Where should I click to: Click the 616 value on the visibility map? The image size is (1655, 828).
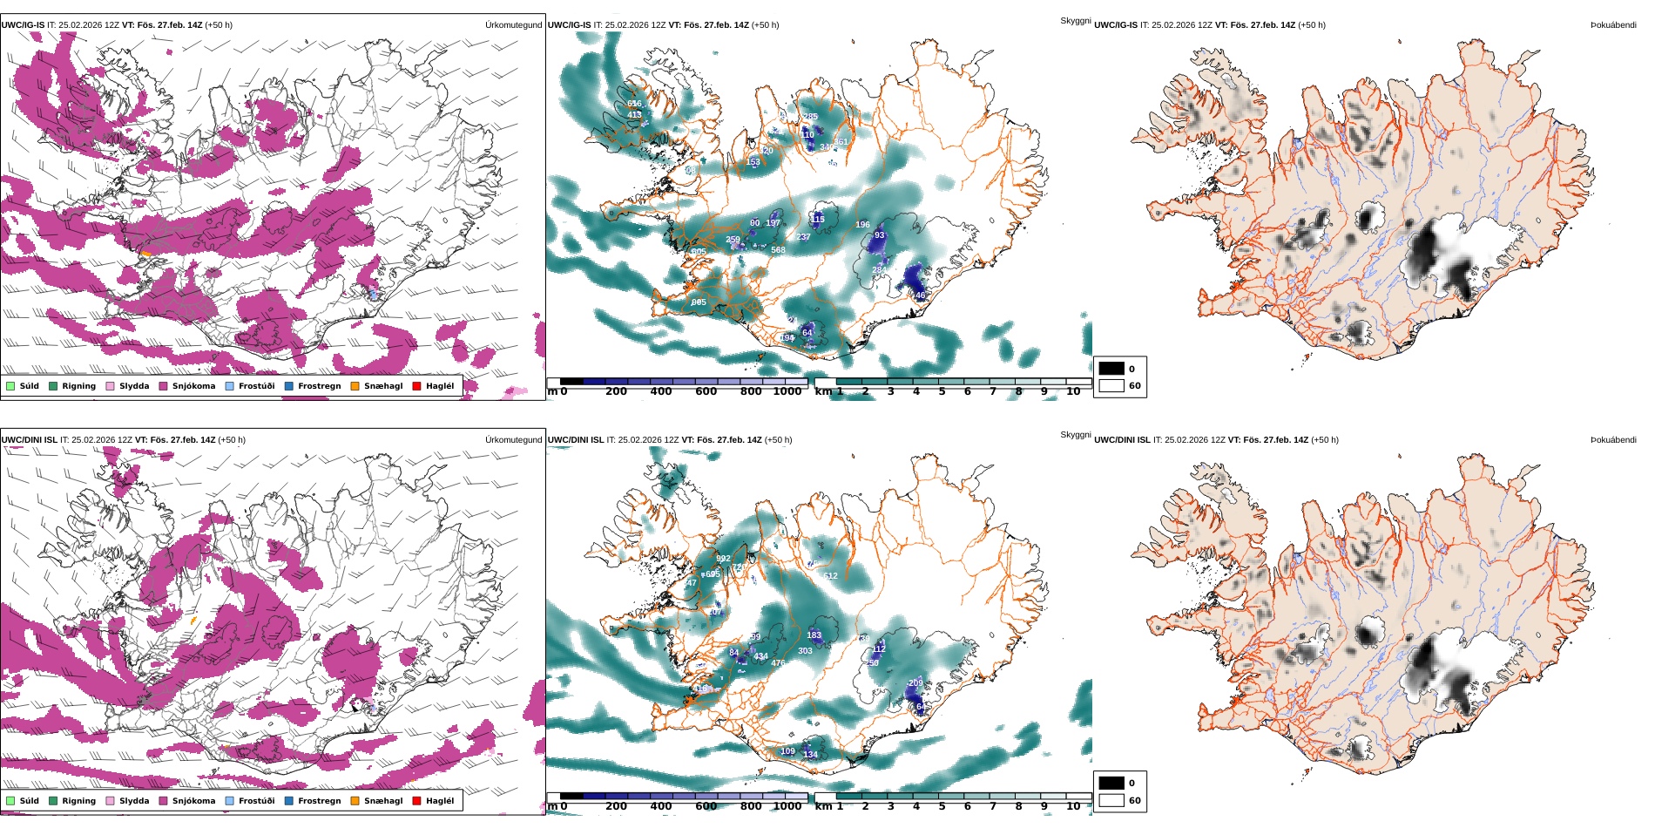click(634, 105)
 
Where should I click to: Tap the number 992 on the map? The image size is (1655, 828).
click(723, 559)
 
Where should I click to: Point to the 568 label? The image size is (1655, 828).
click(778, 250)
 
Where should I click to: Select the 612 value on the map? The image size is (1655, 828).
click(830, 576)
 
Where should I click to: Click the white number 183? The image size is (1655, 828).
click(814, 635)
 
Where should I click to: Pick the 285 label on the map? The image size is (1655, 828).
click(810, 117)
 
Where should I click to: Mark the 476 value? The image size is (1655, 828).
click(778, 663)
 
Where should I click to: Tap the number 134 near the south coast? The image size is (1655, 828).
click(810, 755)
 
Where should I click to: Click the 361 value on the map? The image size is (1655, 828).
click(841, 142)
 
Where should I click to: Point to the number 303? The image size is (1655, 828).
click(805, 651)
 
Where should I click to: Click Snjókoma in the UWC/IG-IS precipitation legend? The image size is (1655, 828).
click(193, 386)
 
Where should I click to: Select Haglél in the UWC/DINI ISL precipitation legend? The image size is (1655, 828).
click(440, 801)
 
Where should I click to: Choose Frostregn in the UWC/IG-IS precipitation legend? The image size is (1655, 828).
click(319, 386)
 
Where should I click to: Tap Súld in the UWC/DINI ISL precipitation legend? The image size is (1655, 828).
click(29, 801)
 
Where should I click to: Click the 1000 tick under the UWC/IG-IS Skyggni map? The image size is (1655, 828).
click(787, 391)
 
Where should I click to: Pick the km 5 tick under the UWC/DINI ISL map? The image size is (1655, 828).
click(942, 806)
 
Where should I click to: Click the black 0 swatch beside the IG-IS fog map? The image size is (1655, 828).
click(1111, 369)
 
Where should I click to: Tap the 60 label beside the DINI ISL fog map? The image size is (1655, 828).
click(1134, 800)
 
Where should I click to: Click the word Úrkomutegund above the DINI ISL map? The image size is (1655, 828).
click(513, 440)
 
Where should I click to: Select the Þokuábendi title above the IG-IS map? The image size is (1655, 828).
click(1613, 25)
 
